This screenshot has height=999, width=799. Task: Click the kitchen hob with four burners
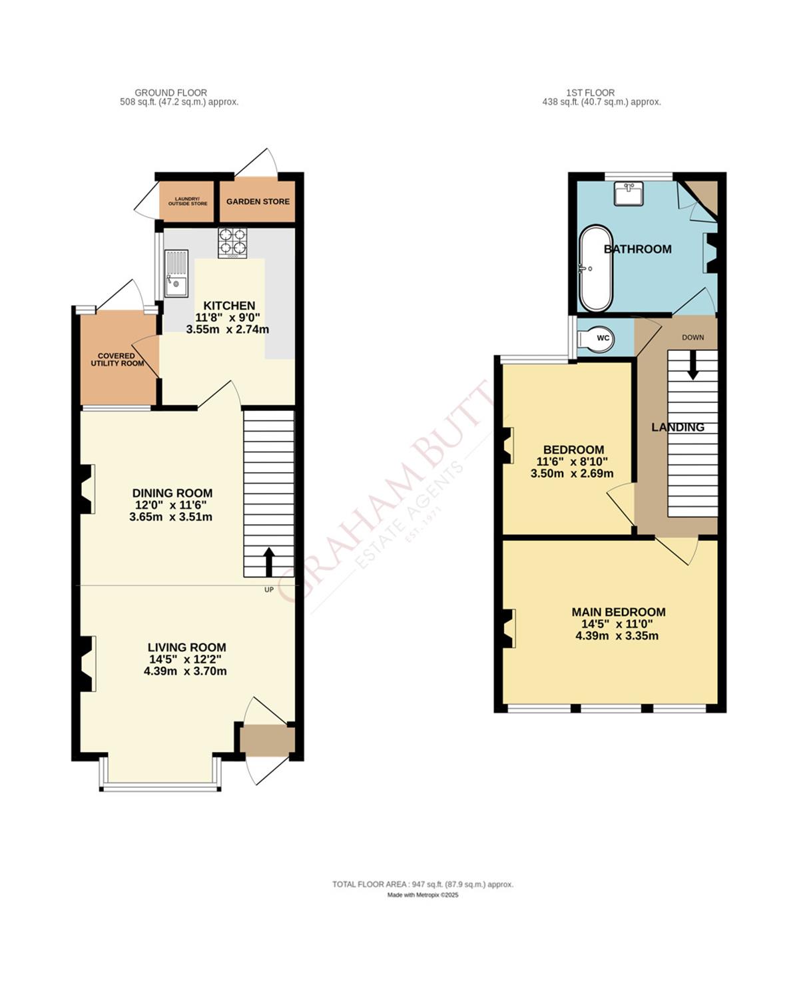(x=232, y=243)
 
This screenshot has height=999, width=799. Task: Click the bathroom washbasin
(x=629, y=194)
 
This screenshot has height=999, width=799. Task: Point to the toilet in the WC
(x=595, y=338)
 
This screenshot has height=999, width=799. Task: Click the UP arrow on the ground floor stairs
(x=269, y=563)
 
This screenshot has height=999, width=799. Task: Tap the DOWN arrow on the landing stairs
(x=692, y=366)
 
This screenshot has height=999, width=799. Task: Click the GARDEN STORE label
(x=258, y=201)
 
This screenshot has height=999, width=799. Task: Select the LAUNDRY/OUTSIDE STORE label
(x=187, y=201)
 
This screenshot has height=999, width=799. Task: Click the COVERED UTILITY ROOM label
(x=117, y=360)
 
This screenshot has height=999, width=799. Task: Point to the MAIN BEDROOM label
(x=619, y=612)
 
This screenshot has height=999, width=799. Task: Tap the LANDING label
(x=678, y=427)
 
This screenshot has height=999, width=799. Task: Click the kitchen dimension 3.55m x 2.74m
(x=228, y=330)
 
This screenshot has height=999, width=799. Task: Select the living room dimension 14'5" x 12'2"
(x=185, y=659)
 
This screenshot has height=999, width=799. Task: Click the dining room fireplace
(x=87, y=489)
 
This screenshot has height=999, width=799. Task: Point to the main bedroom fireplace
(x=509, y=628)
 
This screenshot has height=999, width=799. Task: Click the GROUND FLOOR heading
(x=170, y=93)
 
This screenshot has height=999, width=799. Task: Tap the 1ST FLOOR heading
(x=590, y=93)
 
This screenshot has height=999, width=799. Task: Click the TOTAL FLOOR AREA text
(x=423, y=884)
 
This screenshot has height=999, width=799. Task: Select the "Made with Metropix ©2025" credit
(x=423, y=895)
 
